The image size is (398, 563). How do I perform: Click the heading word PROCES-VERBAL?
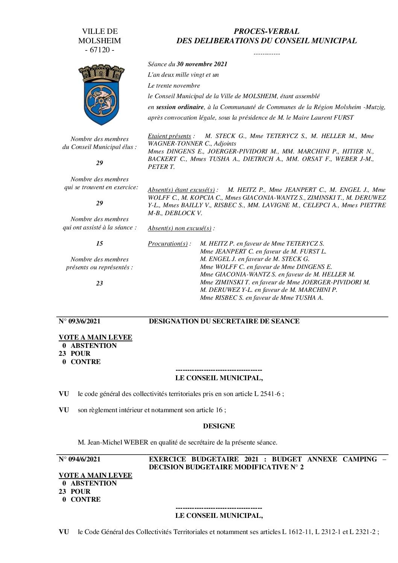266,32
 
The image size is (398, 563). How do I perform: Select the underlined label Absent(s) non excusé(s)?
180,228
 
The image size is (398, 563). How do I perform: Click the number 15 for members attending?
99,244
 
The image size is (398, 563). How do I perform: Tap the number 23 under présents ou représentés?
99,284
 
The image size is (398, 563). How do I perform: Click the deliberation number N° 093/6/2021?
80,321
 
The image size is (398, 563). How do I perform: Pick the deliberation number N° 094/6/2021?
80,459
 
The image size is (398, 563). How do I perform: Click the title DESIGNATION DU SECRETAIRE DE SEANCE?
224,321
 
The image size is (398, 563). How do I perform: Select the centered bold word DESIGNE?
219,426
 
